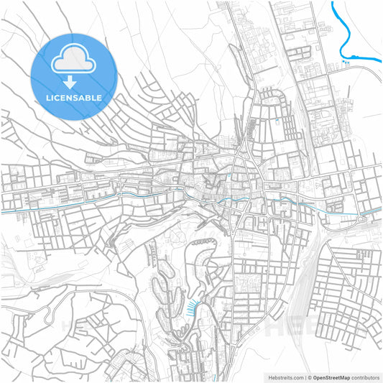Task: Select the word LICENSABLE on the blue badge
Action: click(x=74, y=97)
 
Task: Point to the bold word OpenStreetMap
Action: click(x=337, y=376)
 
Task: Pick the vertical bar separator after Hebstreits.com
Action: click(x=305, y=376)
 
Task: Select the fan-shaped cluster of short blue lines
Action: click(x=190, y=309)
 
